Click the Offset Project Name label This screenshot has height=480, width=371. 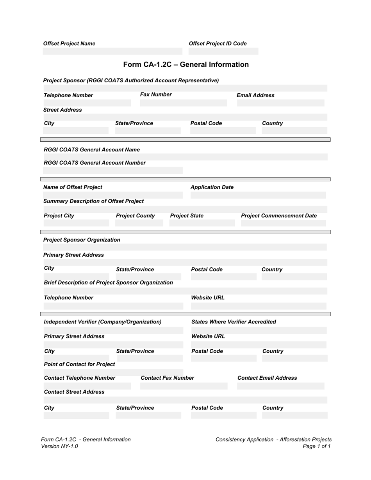(x=69, y=44)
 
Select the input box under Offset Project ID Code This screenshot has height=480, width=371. (x=223, y=51)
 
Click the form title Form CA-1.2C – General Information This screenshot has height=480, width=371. (x=186, y=64)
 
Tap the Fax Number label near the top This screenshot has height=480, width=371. (x=156, y=94)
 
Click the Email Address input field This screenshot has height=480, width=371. (x=280, y=103)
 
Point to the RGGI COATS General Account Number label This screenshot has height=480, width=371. (x=95, y=163)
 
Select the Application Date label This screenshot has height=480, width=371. (x=212, y=187)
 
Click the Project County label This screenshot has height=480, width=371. (x=136, y=216)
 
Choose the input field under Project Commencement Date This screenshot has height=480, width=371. (x=283, y=223)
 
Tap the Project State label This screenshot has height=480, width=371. (x=187, y=216)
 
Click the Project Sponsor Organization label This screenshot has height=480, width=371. (x=82, y=240)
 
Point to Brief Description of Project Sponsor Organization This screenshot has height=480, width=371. (x=108, y=283)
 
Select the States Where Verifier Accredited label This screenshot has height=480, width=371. (x=234, y=322)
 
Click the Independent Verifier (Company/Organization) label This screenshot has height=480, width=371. (x=102, y=322)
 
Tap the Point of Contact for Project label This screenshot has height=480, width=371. (x=79, y=364)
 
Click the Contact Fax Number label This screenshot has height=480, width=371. (x=167, y=378)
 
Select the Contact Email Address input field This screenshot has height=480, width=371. (x=280, y=386)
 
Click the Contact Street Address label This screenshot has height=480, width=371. (x=74, y=392)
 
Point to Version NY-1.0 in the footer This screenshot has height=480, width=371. (x=59, y=446)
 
